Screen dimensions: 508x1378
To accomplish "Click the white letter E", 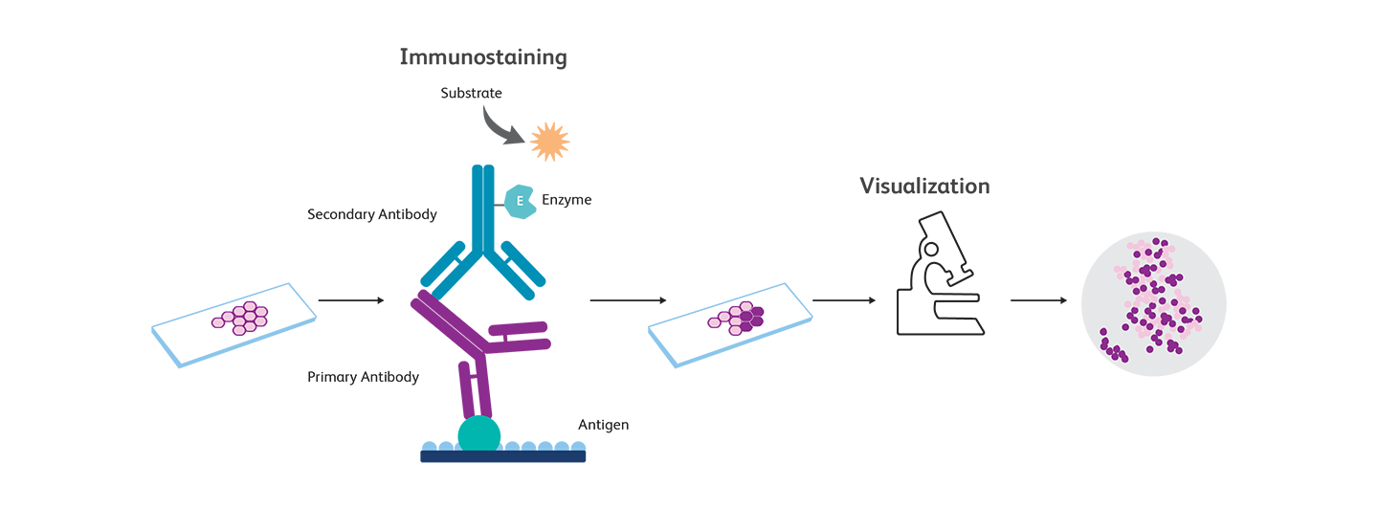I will click(520, 201).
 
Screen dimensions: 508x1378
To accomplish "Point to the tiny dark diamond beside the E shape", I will click(499, 204).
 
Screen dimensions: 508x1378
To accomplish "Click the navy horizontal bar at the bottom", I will click(478, 456).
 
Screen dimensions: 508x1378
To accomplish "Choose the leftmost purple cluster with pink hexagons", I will click(241, 319).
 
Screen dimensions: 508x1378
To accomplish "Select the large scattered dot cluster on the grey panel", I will click(1153, 292).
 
